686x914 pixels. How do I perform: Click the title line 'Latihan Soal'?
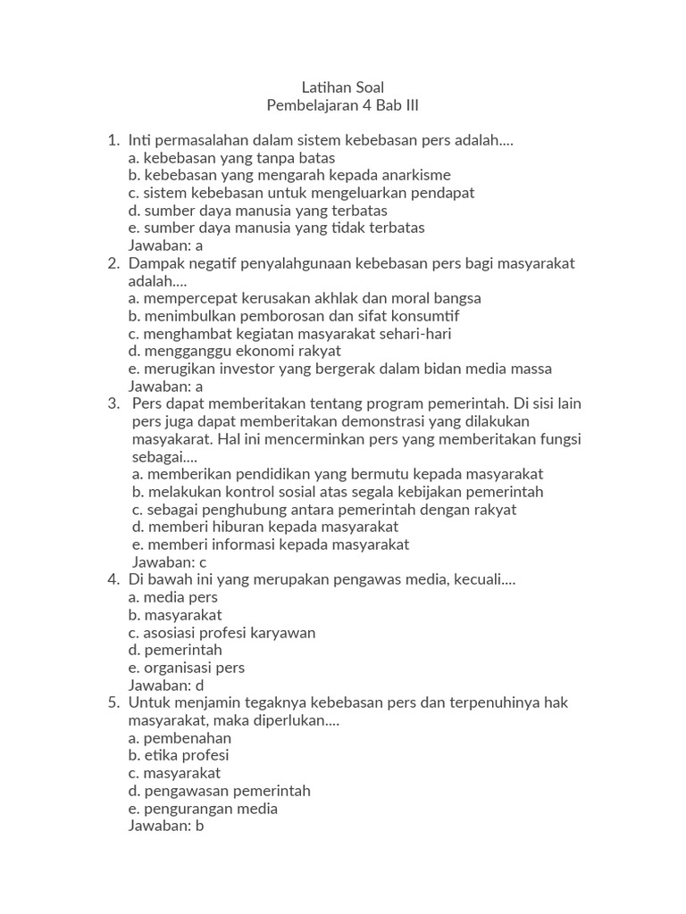coord(343,87)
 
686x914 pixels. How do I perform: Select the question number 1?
coord(113,140)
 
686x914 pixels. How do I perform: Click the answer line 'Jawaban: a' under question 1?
coord(166,245)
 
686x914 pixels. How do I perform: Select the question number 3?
coord(113,403)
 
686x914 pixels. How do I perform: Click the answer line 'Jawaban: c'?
coord(170,561)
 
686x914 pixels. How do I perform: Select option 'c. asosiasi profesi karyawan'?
coord(222,632)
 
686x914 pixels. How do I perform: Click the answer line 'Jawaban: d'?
coord(167,685)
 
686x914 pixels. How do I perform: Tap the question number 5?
coord(113,702)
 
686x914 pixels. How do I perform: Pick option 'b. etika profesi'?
coord(179,755)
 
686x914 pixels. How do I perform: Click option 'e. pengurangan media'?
coord(203,808)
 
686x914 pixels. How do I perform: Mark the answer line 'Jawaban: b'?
coord(167,826)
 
